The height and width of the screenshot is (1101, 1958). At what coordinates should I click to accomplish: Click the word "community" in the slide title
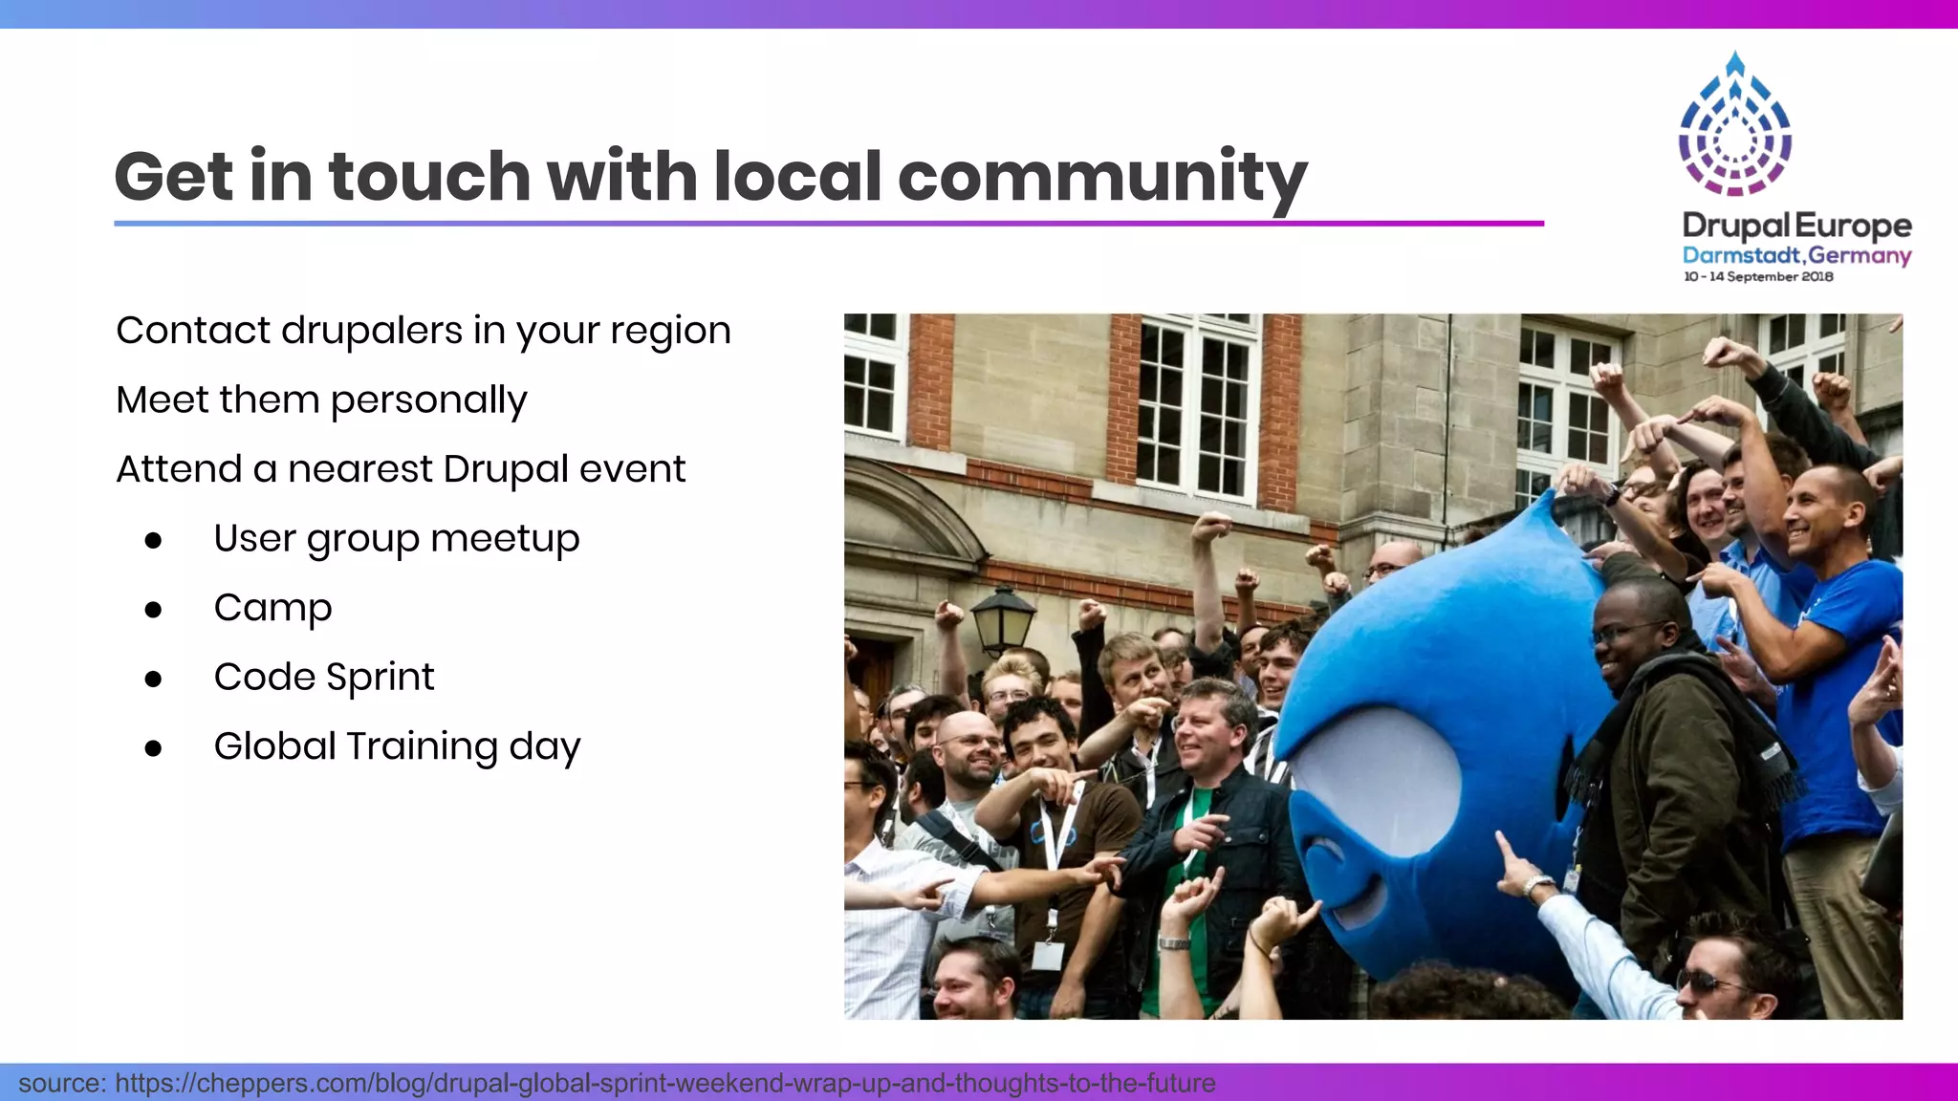pyautogui.click(x=1101, y=178)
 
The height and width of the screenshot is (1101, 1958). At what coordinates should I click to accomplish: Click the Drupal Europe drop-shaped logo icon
pyautogui.click(x=1734, y=124)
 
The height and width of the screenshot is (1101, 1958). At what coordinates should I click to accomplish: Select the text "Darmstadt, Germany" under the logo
pyautogui.click(x=1796, y=255)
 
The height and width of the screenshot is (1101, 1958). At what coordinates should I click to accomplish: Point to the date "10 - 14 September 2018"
pyautogui.click(x=1758, y=276)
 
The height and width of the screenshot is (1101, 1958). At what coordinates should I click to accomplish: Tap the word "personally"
pyautogui.click(x=428, y=400)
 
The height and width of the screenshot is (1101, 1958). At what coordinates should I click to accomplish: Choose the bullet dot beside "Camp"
pyautogui.click(x=153, y=610)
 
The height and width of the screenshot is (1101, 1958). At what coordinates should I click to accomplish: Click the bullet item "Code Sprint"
pyautogui.click(x=324, y=678)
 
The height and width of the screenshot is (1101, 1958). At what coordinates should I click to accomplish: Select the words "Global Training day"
pyautogui.click(x=397, y=746)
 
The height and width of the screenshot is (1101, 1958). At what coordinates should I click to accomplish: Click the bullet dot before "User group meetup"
pyautogui.click(x=153, y=541)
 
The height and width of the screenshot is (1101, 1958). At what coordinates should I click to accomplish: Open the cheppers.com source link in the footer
pyautogui.click(x=664, y=1083)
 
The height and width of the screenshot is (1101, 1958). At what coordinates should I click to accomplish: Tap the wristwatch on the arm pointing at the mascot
pyautogui.click(x=1536, y=886)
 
